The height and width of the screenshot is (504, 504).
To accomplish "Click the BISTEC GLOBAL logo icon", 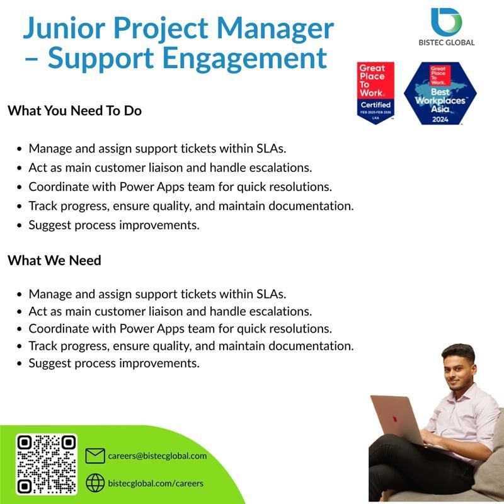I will (447, 21).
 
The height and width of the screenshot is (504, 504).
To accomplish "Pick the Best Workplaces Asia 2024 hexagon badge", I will (440, 93).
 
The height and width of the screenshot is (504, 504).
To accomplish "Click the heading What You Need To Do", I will (74, 111).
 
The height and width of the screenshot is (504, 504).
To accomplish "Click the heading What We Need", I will (54, 260).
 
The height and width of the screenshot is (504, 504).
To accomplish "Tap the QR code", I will (46, 464).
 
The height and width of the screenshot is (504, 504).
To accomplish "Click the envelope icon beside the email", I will (94, 455).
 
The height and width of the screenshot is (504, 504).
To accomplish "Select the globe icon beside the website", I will (94, 483).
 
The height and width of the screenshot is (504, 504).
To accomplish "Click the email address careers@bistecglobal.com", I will (157, 455).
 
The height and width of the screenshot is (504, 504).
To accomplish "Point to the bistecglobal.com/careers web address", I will (156, 483).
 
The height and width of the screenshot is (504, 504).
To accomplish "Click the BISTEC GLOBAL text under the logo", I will (447, 43).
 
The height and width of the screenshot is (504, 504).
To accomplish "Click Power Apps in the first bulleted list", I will (147, 186).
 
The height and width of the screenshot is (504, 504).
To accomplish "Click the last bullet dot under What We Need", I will (20, 364).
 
